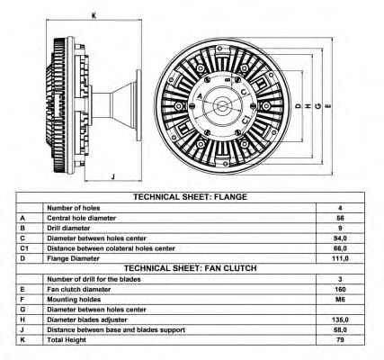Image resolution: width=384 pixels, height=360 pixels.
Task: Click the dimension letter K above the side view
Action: pyautogui.click(x=94, y=16)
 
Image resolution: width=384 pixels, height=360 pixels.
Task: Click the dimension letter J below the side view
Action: pyautogui.click(x=113, y=176)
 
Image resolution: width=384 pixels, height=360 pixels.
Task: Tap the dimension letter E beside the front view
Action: pyautogui.click(x=328, y=106)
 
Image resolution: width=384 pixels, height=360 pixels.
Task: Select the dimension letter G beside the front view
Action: pyautogui.click(x=318, y=106)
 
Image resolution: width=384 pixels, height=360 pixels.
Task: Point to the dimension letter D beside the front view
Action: pyautogui.click(x=299, y=106)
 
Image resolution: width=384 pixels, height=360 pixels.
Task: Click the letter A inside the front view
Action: pyautogui.click(x=200, y=96)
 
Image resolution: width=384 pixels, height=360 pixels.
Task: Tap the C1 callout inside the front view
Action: pyautogui.click(x=246, y=120)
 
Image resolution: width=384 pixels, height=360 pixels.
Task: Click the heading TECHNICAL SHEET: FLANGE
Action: pyautogui.click(x=191, y=197)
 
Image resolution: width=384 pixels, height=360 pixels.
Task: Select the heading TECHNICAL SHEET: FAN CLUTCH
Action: pyautogui.click(x=191, y=268)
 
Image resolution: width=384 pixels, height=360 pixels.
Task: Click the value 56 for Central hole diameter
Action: pyautogui.click(x=340, y=218)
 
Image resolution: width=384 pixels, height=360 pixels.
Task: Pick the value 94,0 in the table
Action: pyautogui.click(x=340, y=238)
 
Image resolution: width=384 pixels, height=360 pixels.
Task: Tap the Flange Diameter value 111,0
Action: pyautogui.click(x=340, y=258)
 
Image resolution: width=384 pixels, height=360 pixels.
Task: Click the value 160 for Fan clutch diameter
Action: pyautogui.click(x=340, y=290)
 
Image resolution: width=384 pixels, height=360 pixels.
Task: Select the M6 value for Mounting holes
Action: pyautogui.click(x=340, y=300)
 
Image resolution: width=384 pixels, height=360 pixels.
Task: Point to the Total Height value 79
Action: pyautogui.click(x=340, y=340)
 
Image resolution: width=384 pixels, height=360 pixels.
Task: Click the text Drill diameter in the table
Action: pyautogui.click(x=68, y=228)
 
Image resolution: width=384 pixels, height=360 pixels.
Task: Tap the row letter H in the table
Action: pyautogui.click(x=22, y=319)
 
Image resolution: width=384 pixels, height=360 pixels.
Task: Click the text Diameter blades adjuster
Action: pyautogui.click(x=87, y=319)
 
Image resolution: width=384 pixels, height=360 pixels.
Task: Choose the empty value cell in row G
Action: pyautogui.click(x=340, y=310)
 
